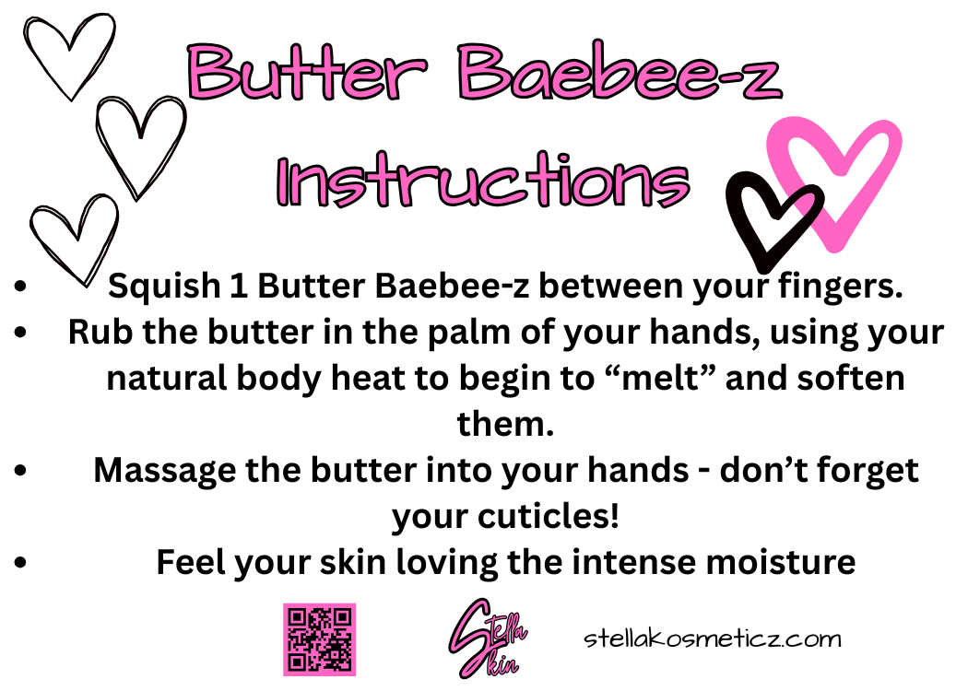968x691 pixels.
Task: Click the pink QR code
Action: [x=319, y=639]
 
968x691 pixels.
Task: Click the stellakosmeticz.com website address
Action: [x=713, y=638]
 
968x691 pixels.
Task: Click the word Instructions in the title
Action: [x=484, y=182]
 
